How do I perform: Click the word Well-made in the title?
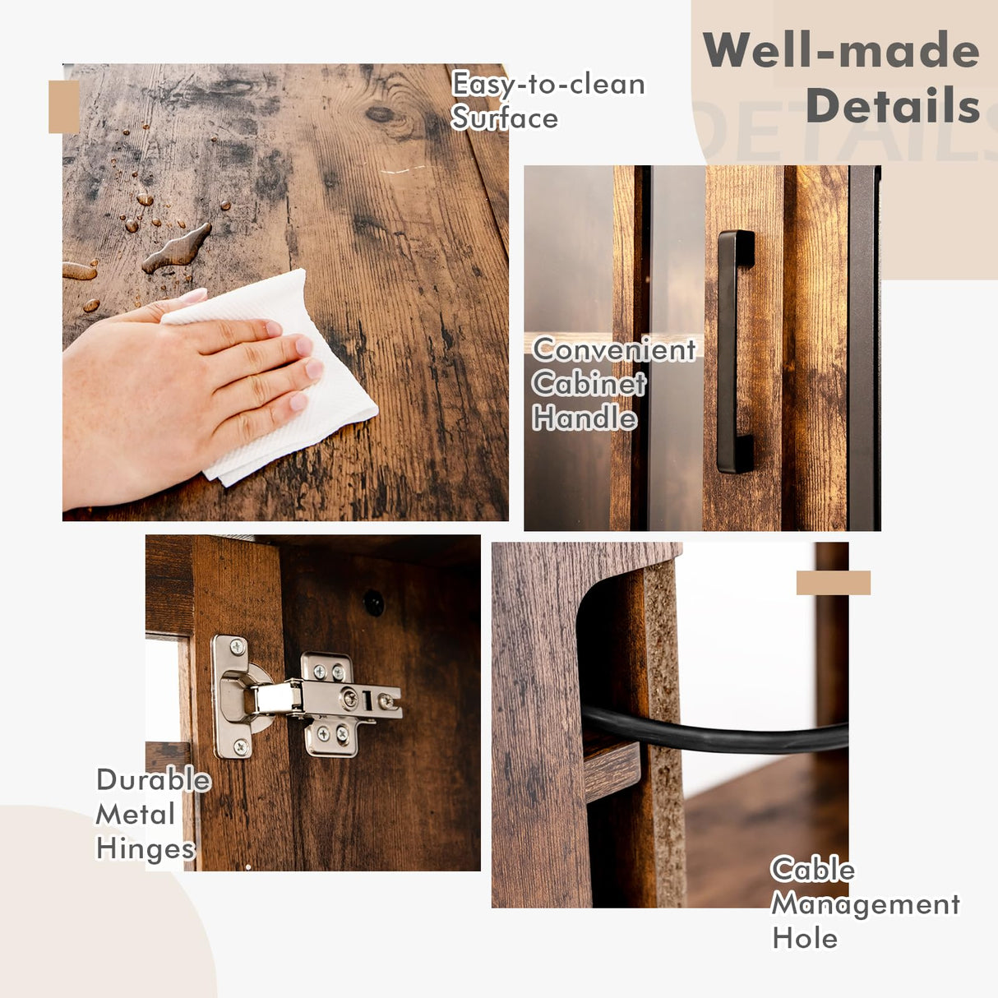click(840, 49)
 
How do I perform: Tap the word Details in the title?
click(893, 106)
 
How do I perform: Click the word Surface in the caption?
click(505, 118)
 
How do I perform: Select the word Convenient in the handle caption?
click(614, 349)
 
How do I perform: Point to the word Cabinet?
click(589, 384)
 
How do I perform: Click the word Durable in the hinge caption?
click(154, 779)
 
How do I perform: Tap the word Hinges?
click(146, 850)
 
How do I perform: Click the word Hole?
click(805, 938)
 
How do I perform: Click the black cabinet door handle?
click(734, 351)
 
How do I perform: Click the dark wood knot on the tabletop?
click(380, 114)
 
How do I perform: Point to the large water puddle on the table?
click(177, 248)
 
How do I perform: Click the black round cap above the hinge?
click(373, 603)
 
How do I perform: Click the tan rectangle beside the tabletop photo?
click(63, 107)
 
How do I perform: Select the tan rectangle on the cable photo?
click(834, 583)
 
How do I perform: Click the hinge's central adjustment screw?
click(351, 698)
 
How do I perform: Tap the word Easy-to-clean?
click(548, 85)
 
